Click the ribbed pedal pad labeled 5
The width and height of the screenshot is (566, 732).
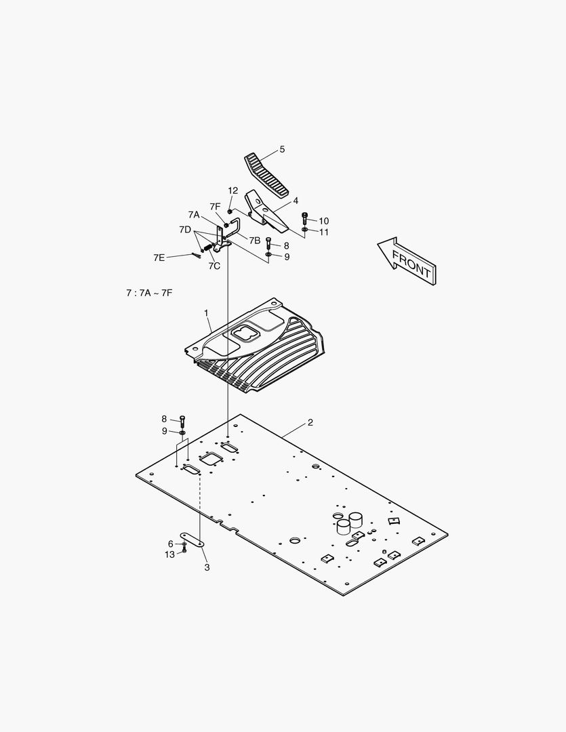tap(266, 175)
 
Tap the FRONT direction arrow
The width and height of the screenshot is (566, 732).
tap(407, 261)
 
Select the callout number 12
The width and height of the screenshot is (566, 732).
tap(233, 190)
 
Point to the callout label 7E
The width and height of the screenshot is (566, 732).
tap(159, 258)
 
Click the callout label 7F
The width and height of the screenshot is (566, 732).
tap(215, 206)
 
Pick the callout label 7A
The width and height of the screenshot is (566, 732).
tap(194, 215)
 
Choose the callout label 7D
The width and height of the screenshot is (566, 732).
tap(185, 230)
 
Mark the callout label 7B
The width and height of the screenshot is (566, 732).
tap(254, 241)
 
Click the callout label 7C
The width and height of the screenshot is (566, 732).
tap(214, 266)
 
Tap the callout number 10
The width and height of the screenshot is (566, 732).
tap(323, 221)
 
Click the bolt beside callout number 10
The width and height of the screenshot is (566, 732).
tap(305, 218)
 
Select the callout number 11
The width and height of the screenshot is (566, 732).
tap(323, 232)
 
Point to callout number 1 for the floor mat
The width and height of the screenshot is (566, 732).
tap(206, 313)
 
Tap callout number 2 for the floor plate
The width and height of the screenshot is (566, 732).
tap(310, 422)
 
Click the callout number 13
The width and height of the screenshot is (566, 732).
tap(169, 554)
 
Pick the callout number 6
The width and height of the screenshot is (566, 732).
tap(170, 544)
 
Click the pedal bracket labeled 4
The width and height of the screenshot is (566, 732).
tap(266, 211)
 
